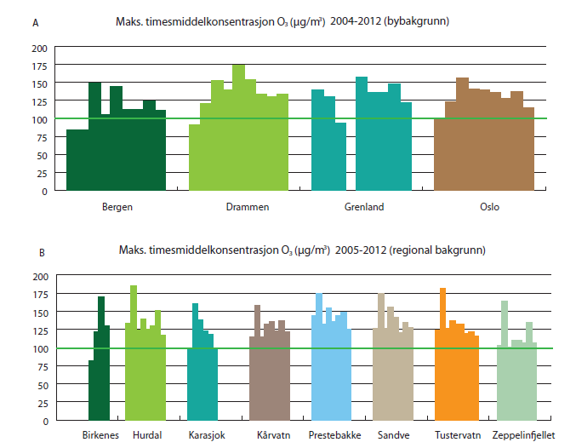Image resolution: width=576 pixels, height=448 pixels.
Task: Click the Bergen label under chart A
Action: [117, 207]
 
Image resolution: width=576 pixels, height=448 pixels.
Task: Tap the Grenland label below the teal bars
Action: [364, 207]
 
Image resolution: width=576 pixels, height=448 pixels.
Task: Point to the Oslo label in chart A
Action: [489, 207]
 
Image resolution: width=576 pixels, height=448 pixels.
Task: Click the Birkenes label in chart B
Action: [101, 434]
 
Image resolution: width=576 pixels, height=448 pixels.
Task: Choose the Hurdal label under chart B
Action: [148, 434]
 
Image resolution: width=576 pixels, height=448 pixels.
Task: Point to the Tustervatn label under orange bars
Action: [456, 434]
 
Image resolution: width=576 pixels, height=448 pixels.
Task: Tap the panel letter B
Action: [34, 251]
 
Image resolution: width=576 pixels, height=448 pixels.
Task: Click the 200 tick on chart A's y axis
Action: [40, 47]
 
